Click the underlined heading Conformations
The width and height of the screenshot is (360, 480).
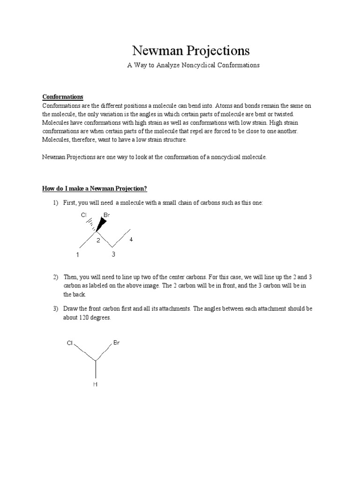[63, 97]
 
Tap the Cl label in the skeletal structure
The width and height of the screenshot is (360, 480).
[83, 215]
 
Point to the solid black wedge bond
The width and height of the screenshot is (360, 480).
[101, 225]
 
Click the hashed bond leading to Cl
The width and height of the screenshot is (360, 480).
[90, 225]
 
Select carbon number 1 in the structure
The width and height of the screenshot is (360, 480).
[78, 255]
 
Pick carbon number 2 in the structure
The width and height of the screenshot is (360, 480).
[98, 240]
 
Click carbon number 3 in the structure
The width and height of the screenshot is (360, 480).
[113, 254]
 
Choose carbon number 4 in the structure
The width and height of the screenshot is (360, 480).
[131, 240]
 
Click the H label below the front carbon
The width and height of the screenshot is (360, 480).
[95, 384]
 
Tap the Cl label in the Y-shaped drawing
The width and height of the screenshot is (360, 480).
[70, 343]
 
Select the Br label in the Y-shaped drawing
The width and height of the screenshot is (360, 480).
[116, 343]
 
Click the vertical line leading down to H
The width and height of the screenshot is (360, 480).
[96, 369]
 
